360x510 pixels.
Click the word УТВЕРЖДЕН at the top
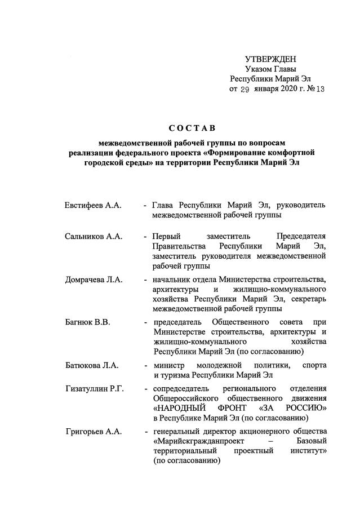(x=270, y=59)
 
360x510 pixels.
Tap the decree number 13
(x=320, y=90)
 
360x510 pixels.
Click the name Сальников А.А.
(x=94, y=236)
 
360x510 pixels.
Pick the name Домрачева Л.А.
(x=94, y=279)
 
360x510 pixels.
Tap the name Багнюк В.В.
(x=87, y=322)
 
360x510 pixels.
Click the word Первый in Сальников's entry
(x=165, y=236)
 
